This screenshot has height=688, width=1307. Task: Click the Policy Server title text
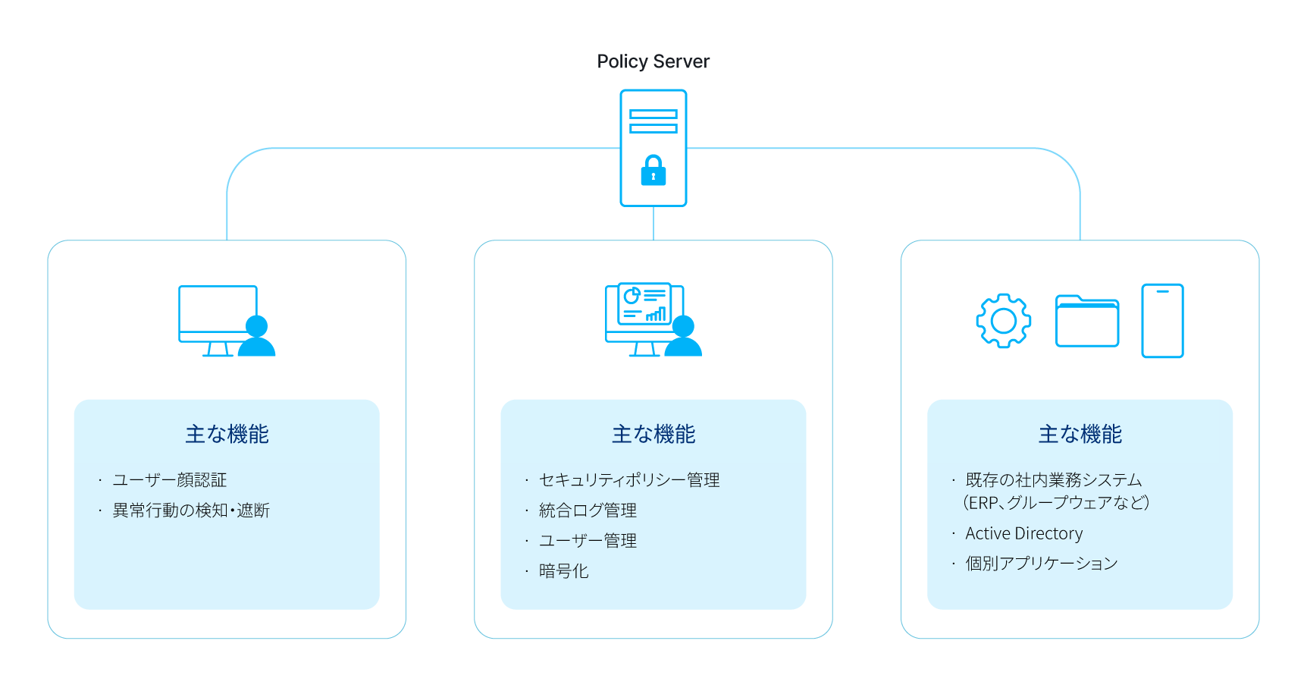tap(653, 61)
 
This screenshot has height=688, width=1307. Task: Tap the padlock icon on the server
tap(653, 171)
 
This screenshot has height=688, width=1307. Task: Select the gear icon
tap(1003, 321)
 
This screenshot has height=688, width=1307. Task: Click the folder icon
tap(1087, 322)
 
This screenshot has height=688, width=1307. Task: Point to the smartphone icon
tap(1162, 320)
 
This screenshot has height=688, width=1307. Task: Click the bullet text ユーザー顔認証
tap(170, 480)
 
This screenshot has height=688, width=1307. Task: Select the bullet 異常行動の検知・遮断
tap(191, 511)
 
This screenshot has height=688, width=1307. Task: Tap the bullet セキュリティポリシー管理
tap(629, 480)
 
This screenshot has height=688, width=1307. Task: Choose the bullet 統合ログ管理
tap(588, 511)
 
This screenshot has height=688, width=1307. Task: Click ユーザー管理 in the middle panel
tap(588, 541)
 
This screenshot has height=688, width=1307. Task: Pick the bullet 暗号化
tap(563, 571)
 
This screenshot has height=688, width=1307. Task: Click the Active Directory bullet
tap(1023, 533)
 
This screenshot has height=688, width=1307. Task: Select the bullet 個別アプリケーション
tap(1042, 564)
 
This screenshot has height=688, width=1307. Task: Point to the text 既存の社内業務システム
tap(1054, 480)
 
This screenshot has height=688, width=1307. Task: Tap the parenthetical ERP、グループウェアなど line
tap(1056, 503)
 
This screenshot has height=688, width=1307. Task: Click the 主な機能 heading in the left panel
tap(227, 434)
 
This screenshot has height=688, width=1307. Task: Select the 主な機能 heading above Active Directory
tap(1080, 434)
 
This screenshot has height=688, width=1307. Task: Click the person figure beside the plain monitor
tap(257, 338)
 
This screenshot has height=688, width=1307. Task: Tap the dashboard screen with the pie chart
tap(644, 304)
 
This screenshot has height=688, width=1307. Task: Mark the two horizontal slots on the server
tap(653, 121)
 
